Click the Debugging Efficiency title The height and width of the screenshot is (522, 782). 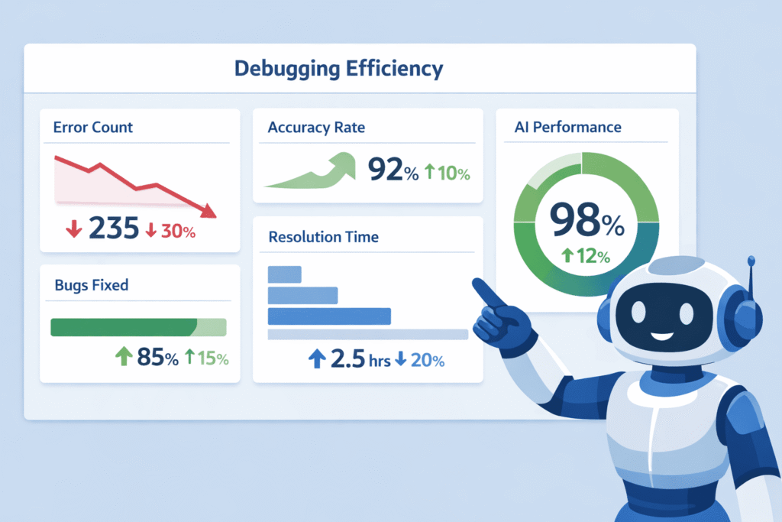click(338, 68)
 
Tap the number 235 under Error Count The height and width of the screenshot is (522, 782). click(114, 229)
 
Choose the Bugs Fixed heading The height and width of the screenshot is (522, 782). click(92, 285)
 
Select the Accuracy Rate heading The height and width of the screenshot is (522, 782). click(316, 128)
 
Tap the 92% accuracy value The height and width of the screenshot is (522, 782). click(393, 170)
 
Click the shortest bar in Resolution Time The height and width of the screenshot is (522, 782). click(285, 274)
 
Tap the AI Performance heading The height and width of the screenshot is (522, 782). click(568, 127)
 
